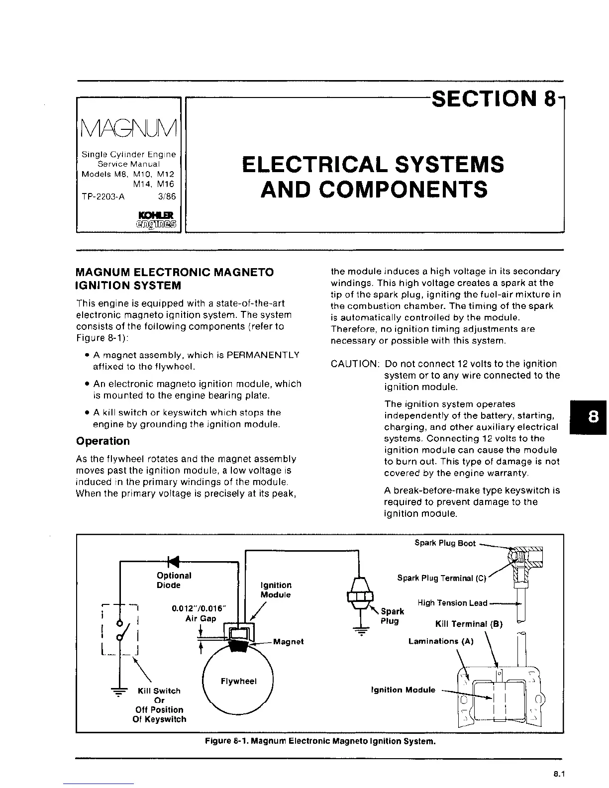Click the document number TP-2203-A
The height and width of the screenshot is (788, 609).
[x=103, y=196]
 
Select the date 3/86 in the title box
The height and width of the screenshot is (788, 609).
[x=167, y=196]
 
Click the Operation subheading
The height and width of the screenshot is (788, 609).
[x=102, y=441]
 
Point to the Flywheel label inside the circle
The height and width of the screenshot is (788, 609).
[x=238, y=681]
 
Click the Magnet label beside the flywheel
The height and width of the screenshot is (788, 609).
[x=288, y=642]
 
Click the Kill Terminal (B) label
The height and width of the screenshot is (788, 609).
[x=469, y=624]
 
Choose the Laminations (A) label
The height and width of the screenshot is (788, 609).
[x=440, y=641]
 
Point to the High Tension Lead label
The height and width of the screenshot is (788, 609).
[x=452, y=603]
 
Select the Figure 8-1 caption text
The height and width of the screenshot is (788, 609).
[x=320, y=742]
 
